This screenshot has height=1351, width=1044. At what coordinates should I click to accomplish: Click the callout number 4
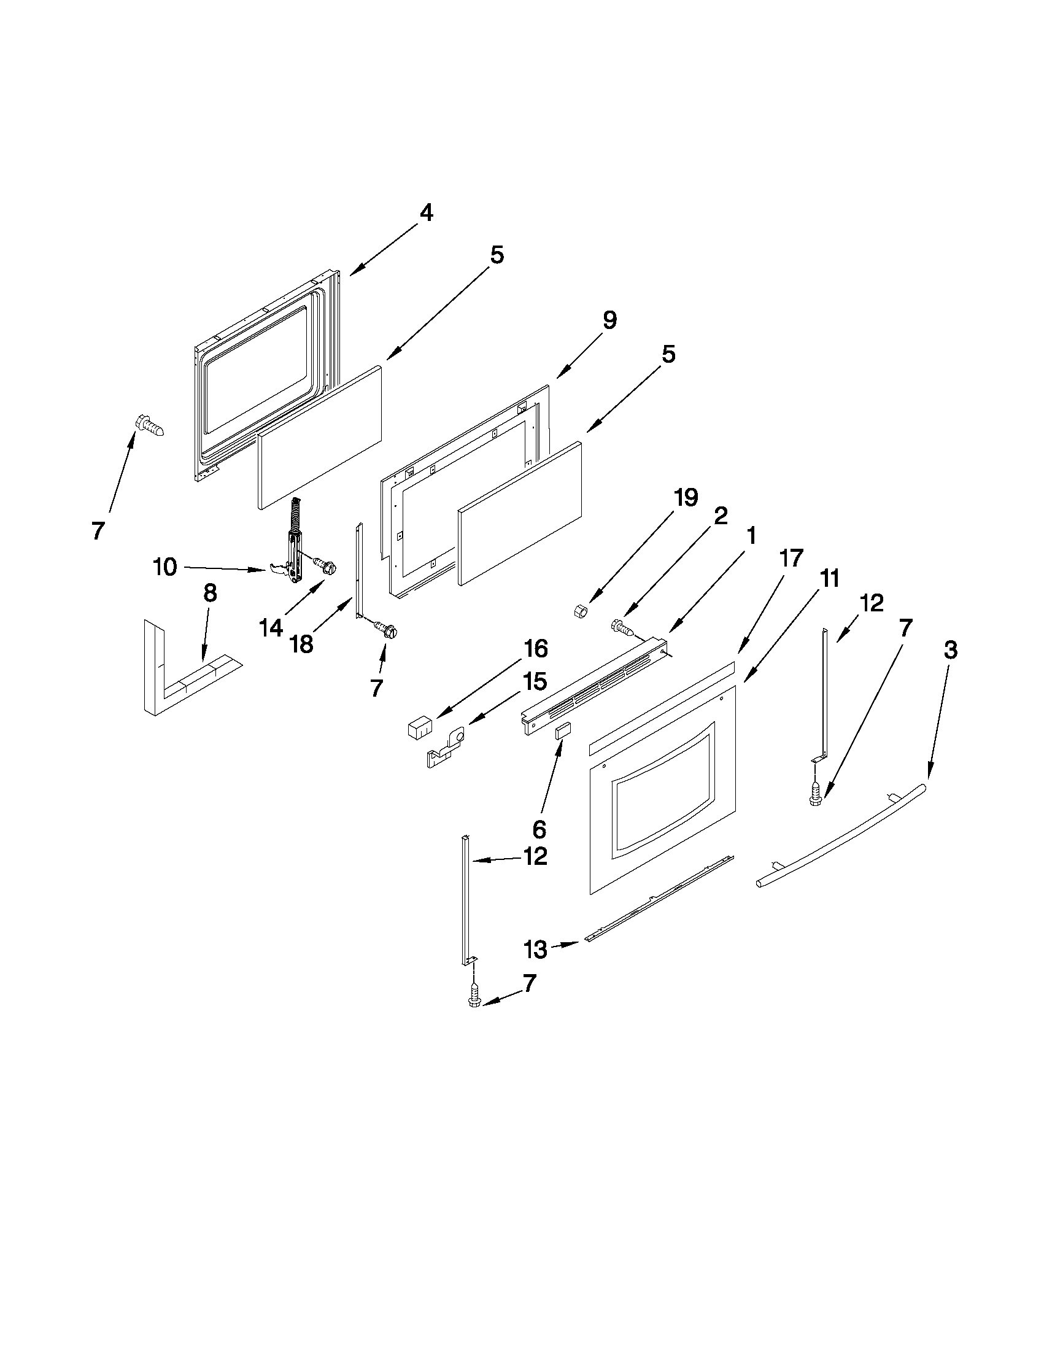coord(425,213)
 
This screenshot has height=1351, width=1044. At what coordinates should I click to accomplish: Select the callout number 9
coord(609,320)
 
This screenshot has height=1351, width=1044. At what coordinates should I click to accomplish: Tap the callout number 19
coord(686,497)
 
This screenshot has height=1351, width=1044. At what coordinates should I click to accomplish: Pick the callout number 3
coord(951,649)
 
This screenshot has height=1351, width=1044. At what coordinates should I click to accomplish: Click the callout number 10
coord(165,567)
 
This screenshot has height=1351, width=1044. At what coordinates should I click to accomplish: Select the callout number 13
coord(536,949)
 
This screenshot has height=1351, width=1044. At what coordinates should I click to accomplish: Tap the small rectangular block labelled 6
coord(562,732)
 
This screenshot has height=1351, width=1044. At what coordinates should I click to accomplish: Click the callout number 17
coord(792,558)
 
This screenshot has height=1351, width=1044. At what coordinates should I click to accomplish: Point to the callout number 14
coord(271,627)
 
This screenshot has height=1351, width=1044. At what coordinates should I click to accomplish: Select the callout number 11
coord(830,579)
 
